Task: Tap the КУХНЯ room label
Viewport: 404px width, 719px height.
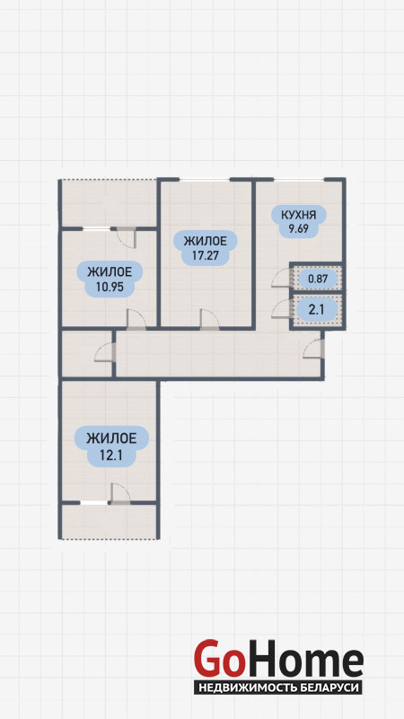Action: [x=298, y=214]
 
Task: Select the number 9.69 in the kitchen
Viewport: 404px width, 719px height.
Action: [x=298, y=228]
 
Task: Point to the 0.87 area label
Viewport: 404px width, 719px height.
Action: [x=317, y=278]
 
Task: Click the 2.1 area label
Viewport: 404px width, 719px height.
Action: [x=317, y=310]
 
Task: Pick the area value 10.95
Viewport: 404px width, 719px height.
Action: [x=109, y=288]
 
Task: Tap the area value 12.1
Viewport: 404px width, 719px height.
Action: [x=111, y=455]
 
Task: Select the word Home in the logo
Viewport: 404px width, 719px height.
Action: [x=303, y=661]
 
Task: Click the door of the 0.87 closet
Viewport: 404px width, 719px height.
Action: [x=281, y=278]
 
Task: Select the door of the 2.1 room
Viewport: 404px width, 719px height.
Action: [x=281, y=308]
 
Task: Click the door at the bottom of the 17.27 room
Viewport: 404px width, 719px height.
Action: [x=209, y=320]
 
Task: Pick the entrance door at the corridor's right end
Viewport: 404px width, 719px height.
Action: [x=313, y=349]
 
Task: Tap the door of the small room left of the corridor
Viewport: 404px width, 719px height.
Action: [x=104, y=352]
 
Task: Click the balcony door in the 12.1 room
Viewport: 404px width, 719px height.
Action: [x=121, y=493]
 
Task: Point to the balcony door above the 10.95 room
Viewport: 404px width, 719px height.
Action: [x=127, y=237]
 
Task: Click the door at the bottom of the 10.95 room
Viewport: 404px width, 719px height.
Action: [x=136, y=320]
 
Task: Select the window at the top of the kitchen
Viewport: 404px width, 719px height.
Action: [x=300, y=180]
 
